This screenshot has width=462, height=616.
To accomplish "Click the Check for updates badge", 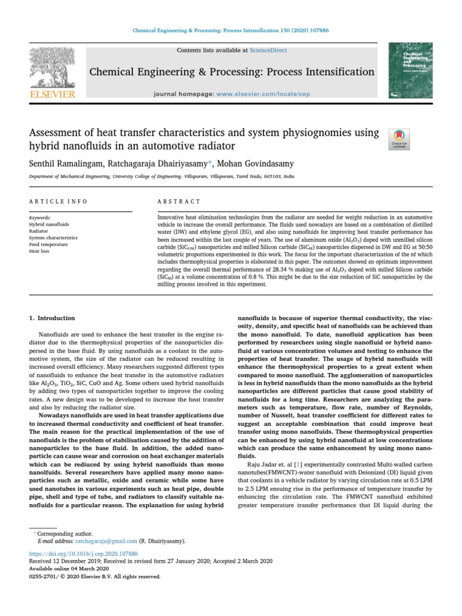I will (399, 139).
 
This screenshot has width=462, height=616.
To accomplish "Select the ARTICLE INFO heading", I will (58, 202).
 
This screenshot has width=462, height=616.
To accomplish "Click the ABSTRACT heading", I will (179, 202).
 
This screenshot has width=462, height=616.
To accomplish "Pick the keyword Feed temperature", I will (48, 244).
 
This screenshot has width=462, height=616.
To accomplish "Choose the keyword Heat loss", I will (40, 251).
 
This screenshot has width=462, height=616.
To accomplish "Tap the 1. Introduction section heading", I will (52, 318).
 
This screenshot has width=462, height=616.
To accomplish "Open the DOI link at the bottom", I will (84, 553).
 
